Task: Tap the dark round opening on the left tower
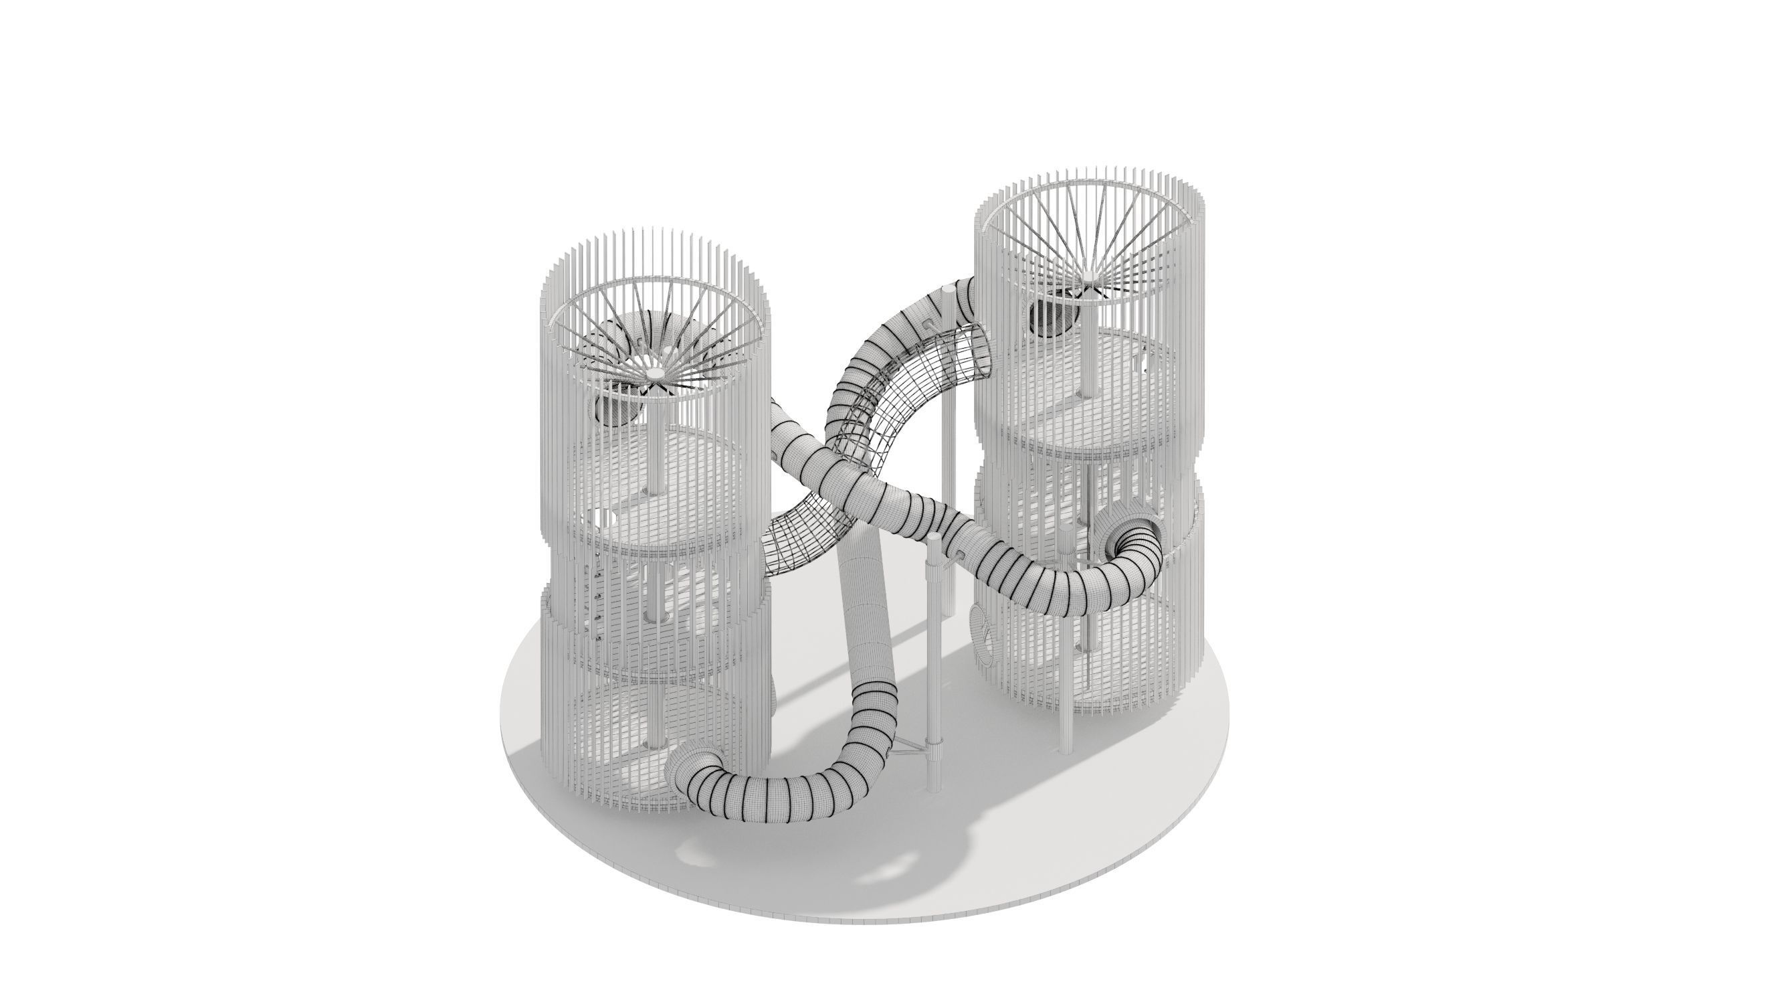click(614, 413)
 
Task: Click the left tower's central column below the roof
click(654, 444)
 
